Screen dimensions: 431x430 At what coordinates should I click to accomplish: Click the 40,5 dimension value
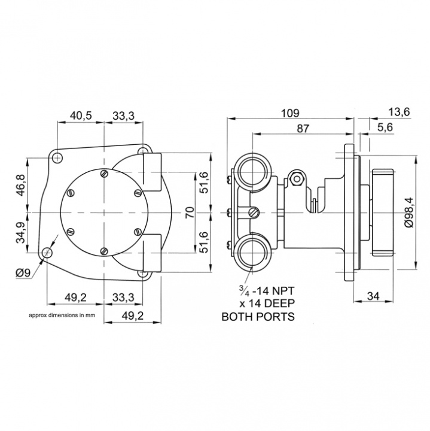[80, 116]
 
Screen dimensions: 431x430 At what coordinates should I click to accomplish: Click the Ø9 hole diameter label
[23, 272]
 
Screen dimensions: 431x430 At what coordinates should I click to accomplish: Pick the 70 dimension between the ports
[190, 213]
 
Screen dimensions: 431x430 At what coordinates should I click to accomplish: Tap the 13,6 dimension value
[399, 111]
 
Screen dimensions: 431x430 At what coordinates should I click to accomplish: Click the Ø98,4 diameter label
[409, 213]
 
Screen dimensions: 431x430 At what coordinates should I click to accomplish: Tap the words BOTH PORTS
[258, 317]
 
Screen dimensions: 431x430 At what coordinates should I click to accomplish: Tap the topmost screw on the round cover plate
[105, 174]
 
